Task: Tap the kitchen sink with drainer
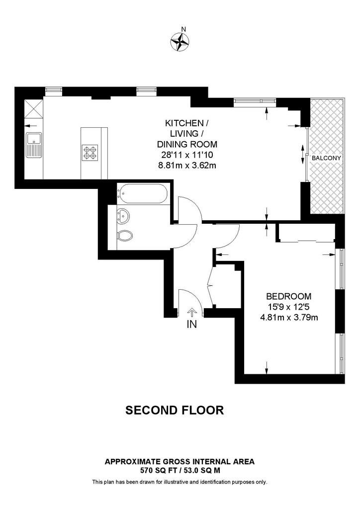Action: [x=33, y=145]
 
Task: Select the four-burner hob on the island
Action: [x=90, y=153]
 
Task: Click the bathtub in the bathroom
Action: [x=143, y=194]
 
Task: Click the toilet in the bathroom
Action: [x=125, y=236]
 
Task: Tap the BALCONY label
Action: [x=326, y=158]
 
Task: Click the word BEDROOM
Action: [x=288, y=296]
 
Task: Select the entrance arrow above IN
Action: [x=192, y=313]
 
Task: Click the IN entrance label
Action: [x=192, y=324]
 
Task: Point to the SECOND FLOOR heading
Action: [x=175, y=410]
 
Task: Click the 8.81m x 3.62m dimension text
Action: [x=187, y=165]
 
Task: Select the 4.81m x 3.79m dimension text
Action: [x=288, y=317]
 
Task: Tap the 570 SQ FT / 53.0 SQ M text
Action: [x=180, y=470]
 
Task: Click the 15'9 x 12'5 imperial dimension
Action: [x=288, y=307]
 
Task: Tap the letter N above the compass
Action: [x=184, y=29]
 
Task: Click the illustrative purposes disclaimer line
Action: [x=180, y=482]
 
